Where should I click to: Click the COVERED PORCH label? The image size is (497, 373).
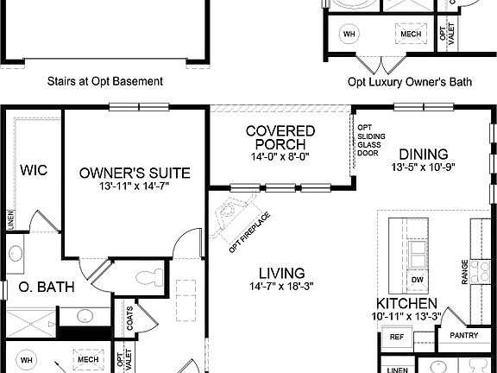point(280,138)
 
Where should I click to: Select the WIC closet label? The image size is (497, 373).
point(34,171)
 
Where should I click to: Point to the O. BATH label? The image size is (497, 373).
point(36,288)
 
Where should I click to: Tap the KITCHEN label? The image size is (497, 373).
point(406,304)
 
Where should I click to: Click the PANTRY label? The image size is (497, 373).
point(464,336)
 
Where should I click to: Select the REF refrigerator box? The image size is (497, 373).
point(397,337)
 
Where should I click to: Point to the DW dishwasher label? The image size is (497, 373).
point(417,280)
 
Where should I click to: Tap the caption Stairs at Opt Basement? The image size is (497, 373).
point(105,82)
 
